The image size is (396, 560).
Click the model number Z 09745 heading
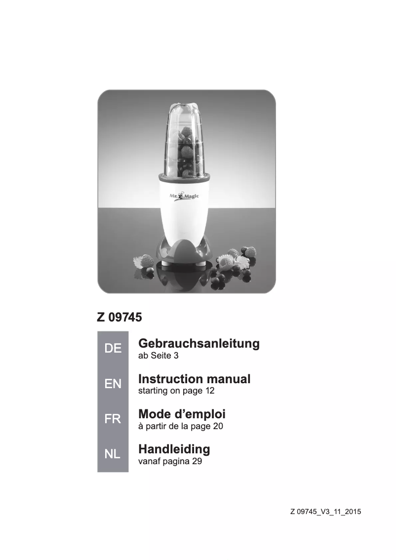119,317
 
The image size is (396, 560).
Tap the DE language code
113,349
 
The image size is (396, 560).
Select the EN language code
113,384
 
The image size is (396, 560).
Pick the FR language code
113,419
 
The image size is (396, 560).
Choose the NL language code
113,454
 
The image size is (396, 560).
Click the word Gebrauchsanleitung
199,343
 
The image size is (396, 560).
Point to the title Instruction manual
195,379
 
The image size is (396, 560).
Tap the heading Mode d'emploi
182,414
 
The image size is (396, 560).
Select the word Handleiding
174,449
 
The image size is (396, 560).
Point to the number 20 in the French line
218,426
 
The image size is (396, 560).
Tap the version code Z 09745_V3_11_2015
325,512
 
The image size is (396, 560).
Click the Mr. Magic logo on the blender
185,197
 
